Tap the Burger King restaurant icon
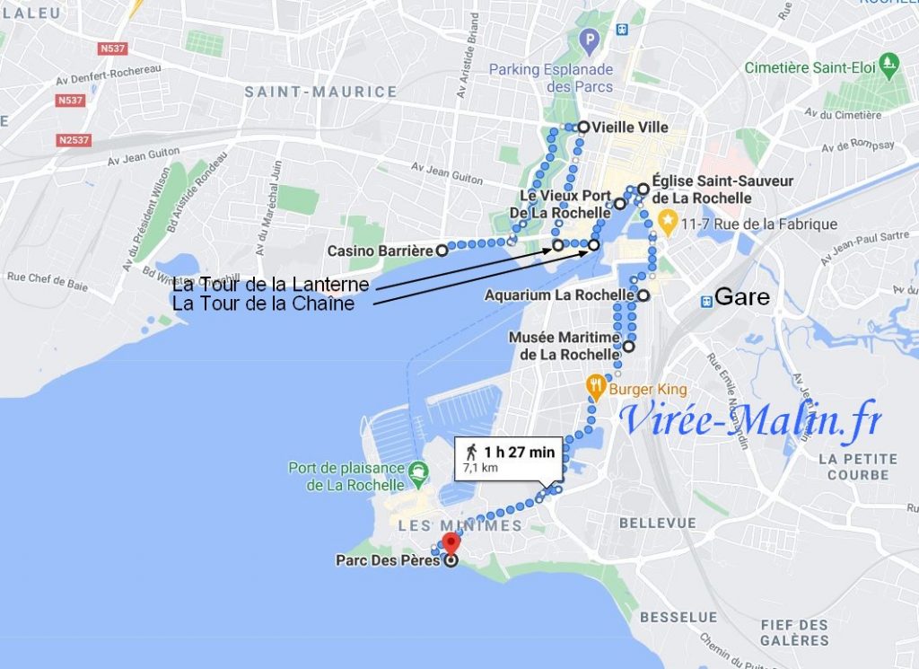click(594, 388)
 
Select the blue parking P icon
click(589, 40)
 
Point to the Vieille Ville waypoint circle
click(583, 127)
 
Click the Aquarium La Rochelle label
click(559, 295)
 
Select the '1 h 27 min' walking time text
click(519, 452)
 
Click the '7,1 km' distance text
click(480, 468)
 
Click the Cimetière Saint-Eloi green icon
click(888, 63)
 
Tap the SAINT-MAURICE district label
click(320, 92)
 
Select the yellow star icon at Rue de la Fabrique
click(667, 219)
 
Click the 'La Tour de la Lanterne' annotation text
click(270, 285)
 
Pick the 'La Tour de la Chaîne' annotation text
click(263, 304)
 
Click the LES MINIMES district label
click(459, 525)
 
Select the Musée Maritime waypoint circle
click(629, 346)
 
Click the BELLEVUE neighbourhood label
click(657, 523)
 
